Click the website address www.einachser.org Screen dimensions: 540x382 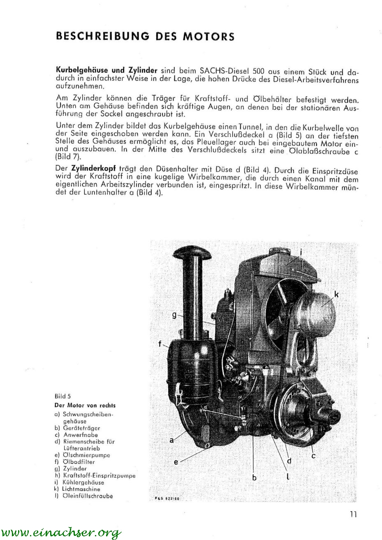[x=60, y=533]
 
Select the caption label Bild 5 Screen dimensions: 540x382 [x=63, y=397]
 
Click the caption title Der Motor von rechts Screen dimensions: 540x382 [x=85, y=405]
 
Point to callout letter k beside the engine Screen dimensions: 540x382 [x=336, y=294]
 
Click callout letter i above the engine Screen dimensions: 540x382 [x=301, y=252]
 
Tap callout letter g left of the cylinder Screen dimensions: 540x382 [x=174, y=315]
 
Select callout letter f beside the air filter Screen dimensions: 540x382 [x=160, y=344]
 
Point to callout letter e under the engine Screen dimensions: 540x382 [x=176, y=462]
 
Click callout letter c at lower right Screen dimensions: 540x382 [x=313, y=455]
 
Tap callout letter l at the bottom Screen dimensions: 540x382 [x=287, y=477]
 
